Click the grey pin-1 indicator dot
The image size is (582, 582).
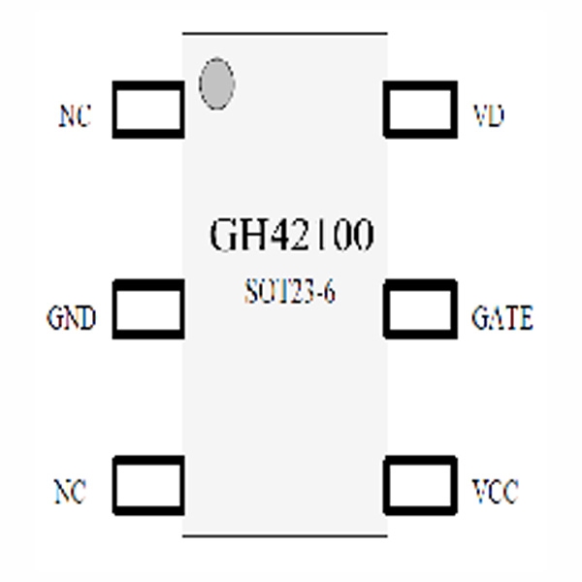click(x=216, y=82)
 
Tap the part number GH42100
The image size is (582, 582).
click(x=291, y=236)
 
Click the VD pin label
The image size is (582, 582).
click(x=488, y=116)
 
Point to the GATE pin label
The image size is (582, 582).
click(x=501, y=318)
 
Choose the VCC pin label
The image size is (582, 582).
click(x=494, y=493)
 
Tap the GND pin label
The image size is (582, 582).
click(x=72, y=318)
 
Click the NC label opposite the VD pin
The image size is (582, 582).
click(x=75, y=117)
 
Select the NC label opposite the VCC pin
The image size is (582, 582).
click(x=69, y=493)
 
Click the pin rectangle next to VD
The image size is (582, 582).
click(x=420, y=109)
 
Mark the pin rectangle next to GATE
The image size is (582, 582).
click(x=420, y=308)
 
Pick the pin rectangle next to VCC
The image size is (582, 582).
click(x=420, y=484)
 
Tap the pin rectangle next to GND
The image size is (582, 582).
click(x=148, y=308)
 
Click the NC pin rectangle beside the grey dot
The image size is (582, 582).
click(x=148, y=109)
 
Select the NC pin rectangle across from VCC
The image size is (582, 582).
click(x=148, y=484)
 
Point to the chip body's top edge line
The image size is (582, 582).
click(x=285, y=33)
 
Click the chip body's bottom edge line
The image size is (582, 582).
click(x=285, y=534)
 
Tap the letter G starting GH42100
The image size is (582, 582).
click(x=223, y=236)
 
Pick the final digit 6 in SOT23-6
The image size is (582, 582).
click(x=331, y=293)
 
